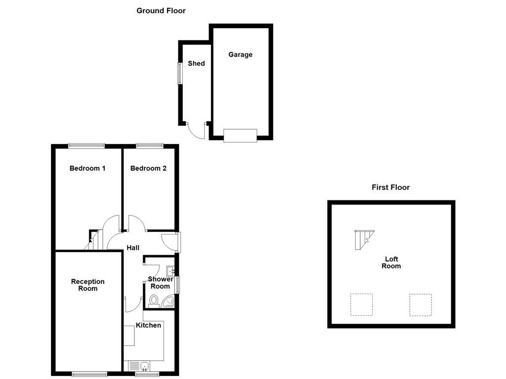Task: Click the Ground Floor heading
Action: [x=161, y=10]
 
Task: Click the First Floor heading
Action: [x=390, y=187]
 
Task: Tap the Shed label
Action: [x=196, y=63]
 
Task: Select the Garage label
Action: [x=240, y=55]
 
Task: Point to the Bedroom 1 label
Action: [x=87, y=168]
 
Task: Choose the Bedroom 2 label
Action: [x=148, y=168]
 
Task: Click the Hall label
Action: [x=133, y=248]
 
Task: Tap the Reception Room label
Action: [x=88, y=285]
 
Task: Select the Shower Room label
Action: [x=160, y=283]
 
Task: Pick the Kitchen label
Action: [x=148, y=325]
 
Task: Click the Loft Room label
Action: [x=391, y=263]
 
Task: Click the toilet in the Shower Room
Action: [x=154, y=301]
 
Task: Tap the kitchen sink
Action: [x=144, y=366]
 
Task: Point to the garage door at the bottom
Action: [x=240, y=135]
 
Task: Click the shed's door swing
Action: [x=196, y=130]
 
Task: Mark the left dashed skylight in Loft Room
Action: [x=361, y=304]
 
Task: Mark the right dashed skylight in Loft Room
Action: [x=420, y=304]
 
